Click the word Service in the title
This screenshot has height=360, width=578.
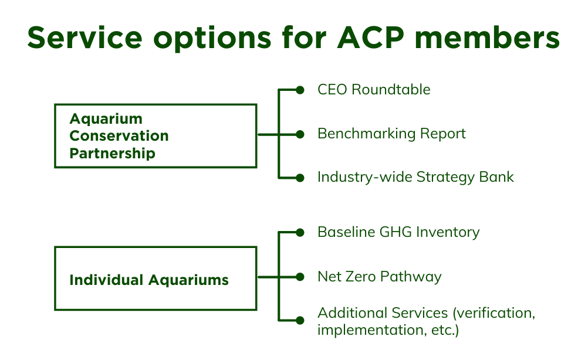tap(84, 38)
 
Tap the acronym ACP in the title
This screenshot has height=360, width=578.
tap(370, 38)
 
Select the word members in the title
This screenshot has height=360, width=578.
tap(487, 38)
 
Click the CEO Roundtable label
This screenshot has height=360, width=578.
tap(374, 90)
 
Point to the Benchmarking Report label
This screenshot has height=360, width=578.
tap(391, 134)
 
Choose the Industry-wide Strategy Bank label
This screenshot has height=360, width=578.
tap(415, 177)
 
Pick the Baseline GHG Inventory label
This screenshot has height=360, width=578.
tap(398, 232)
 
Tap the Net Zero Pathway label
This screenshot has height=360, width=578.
tap(379, 277)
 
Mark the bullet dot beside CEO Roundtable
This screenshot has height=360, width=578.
tap(300, 90)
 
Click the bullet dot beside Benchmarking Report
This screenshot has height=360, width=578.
tap(300, 134)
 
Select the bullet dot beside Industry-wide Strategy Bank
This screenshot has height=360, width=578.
tap(300, 178)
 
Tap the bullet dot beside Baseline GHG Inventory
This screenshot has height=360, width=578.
tap(300, 233)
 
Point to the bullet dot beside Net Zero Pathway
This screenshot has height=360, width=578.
tap(300, 277)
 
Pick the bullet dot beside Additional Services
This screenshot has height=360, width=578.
tap(300, 321)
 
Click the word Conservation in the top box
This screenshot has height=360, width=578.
tap(119, 136)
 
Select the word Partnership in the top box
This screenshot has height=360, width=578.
tap(113, 154)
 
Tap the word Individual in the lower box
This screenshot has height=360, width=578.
tap(107, 280)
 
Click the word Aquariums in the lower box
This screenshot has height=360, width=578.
tap(189, 281)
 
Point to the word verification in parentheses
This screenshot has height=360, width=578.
tap(494, 313)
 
